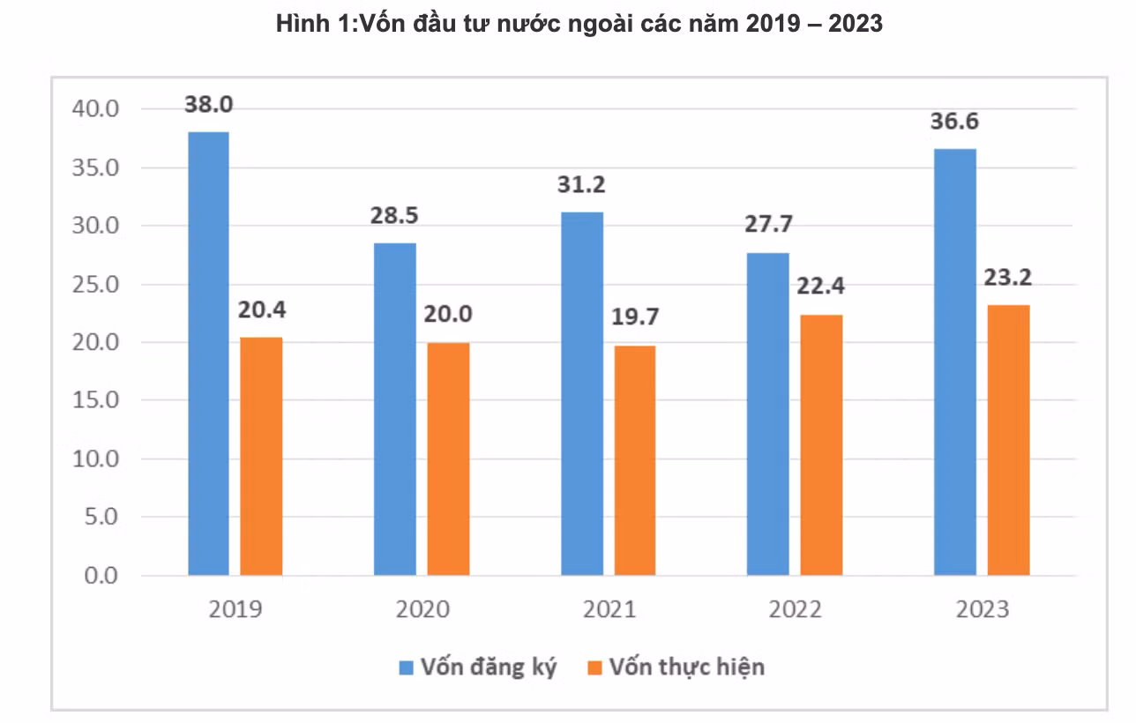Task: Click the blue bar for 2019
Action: (x=208, y=354)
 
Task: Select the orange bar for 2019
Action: (x=261, y=457)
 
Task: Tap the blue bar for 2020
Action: (x=395, y=409)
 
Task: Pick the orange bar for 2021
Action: (x=635, y=460)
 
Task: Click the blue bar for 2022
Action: (x=768, y=414)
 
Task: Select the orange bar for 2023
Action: (x=1009, y=440)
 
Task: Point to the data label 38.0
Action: (x=208, y=104)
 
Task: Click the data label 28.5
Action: (x=395, y=215)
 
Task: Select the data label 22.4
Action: (x=821, y=287)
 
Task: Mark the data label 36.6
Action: (x=955, y=121)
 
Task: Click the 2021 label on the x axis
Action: (x=608, y=609)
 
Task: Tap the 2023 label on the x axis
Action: (x=982, y=609)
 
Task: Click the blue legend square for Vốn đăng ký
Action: (x=406, y=667)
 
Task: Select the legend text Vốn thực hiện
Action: (x=686, y=667)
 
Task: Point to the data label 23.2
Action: (x=1008, y=277)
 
